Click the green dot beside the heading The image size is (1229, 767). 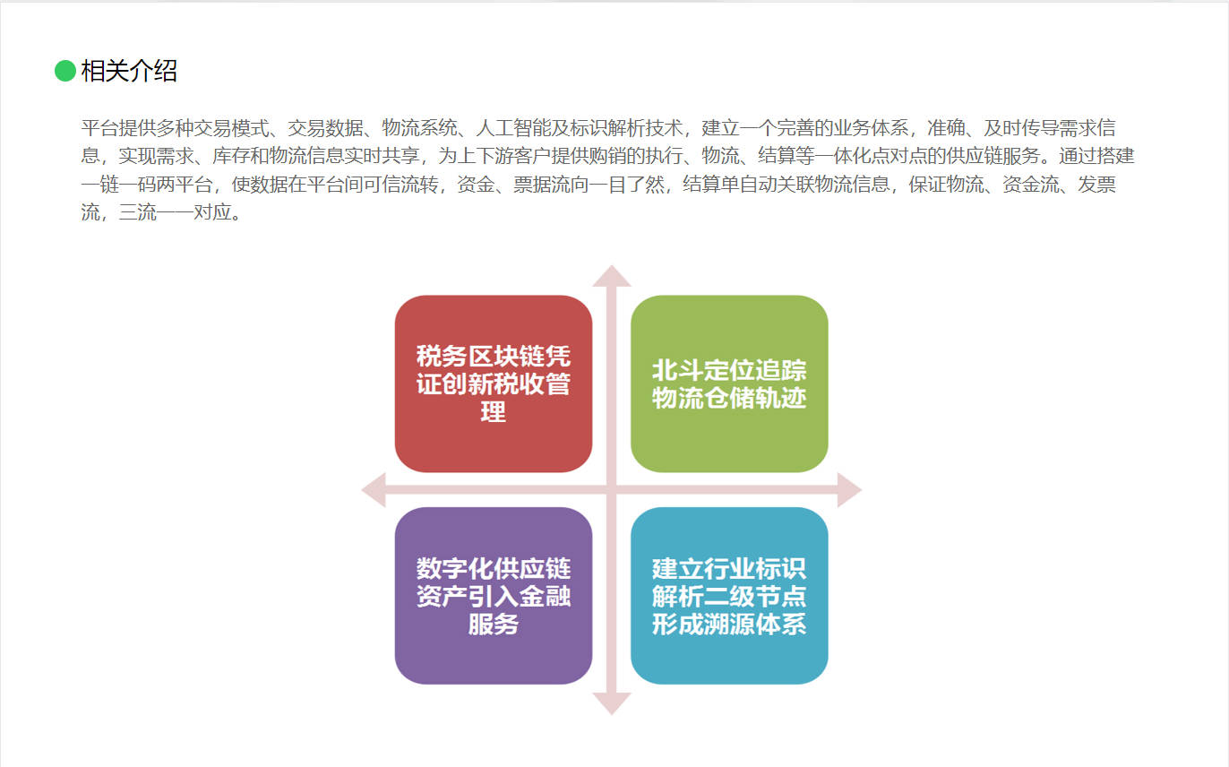click(64, 71)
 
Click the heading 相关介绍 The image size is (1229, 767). click(129, 71)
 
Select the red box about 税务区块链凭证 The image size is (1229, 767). click(494, 383)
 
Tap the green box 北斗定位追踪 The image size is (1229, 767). click(729, 383)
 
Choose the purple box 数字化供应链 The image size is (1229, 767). click(494, 595)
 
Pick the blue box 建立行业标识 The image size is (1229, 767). click(729, 595)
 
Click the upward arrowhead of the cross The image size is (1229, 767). click(612, 276)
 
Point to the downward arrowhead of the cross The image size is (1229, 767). click(612, 704)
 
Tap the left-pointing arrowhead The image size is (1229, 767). click(374, 490)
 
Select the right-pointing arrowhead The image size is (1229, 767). click(850, 490)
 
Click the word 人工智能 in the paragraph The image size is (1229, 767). click(513, 128)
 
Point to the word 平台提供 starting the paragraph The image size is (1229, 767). click(118, 128)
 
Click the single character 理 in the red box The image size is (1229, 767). click(494, 411)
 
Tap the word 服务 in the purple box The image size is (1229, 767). click(494, 624)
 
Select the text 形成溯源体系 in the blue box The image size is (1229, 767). click(729, 624)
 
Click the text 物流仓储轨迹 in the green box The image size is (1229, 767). click(729, 397)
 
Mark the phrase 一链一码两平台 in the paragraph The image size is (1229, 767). click(147, 185)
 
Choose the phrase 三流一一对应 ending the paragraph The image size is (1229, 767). click(175, 212)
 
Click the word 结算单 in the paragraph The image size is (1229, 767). click(710, 185)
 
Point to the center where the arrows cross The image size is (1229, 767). click(612, 490)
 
